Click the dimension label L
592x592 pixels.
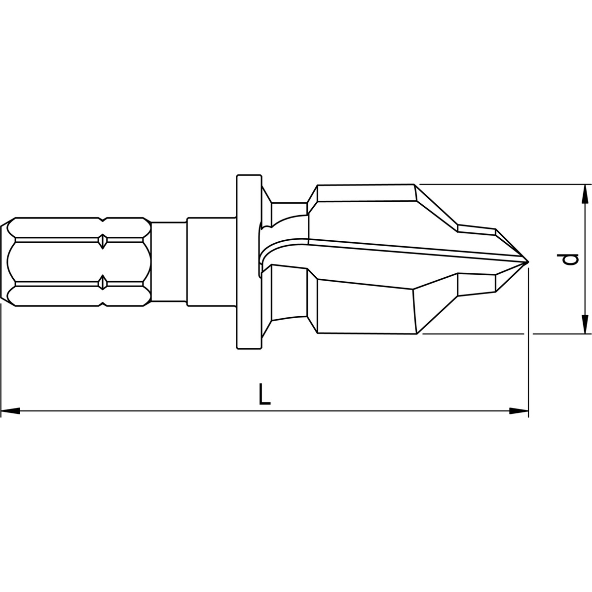(x=265, y=395)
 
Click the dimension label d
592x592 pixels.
(x=571, y=259)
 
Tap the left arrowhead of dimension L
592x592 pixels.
(x=10, y=410)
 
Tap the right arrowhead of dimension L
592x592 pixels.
(x=518, y=410)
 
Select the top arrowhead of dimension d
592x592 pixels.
(x=585, y=193)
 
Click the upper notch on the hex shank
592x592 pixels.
(x=102, y=241)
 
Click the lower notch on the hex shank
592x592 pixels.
(x=102, y=283)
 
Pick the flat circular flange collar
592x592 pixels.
(x=249, y=262)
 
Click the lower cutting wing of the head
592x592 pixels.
(x=365, y=308)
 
